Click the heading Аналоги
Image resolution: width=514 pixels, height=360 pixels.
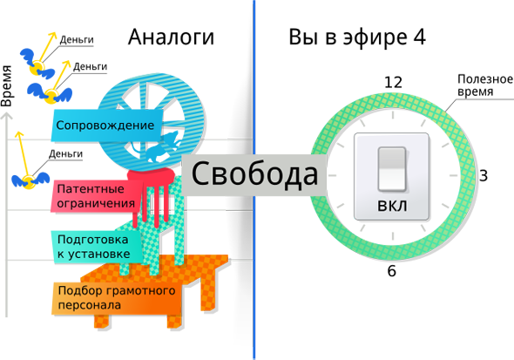(x=171, y=37)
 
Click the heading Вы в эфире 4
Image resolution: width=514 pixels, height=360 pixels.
(x=357, y=37)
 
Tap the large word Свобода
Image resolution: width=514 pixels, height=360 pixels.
(x=254, y=173)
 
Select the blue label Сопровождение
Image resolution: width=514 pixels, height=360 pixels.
(x=105, y=126)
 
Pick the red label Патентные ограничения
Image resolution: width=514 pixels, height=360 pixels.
(x=96, y=196)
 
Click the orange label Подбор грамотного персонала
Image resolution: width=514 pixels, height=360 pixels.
(x=117, y=298)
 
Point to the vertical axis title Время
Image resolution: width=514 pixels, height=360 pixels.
(x=6, y=86)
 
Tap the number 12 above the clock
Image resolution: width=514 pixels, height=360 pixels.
(x=393, y=82)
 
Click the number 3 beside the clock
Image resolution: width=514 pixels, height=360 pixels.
(x=484, y=176)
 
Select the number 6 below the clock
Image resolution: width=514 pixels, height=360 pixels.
(x=392, y=271)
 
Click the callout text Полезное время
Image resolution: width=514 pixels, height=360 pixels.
(x=485, y=85)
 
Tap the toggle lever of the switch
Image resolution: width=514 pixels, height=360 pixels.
(x=392, y=169)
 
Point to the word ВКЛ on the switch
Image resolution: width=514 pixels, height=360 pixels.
(x=392, y=207)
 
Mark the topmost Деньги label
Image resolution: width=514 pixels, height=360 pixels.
(x=77, y=40)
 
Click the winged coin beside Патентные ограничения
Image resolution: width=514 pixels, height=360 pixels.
(x=30, y=180)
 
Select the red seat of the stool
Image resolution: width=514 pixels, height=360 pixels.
(x=151, y=176)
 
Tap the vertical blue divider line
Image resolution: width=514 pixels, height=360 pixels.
(x=254, y=180)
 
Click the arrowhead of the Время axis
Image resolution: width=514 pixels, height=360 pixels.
(x=7, y=117)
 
